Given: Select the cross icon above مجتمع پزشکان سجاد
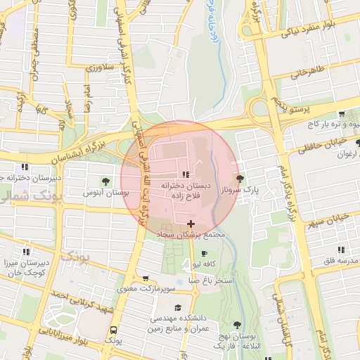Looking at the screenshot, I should pyautogui.click(x=191, y=223).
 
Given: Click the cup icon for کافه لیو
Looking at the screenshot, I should pyautogui.click(x=205, y=254).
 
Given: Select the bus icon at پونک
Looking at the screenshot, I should pyautogui.click(x=113, y=329).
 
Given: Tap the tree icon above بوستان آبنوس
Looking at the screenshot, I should pyautogui.click(x=106, y=181).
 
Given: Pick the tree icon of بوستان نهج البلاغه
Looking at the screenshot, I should pyautogui.click(x=236, y=325).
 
